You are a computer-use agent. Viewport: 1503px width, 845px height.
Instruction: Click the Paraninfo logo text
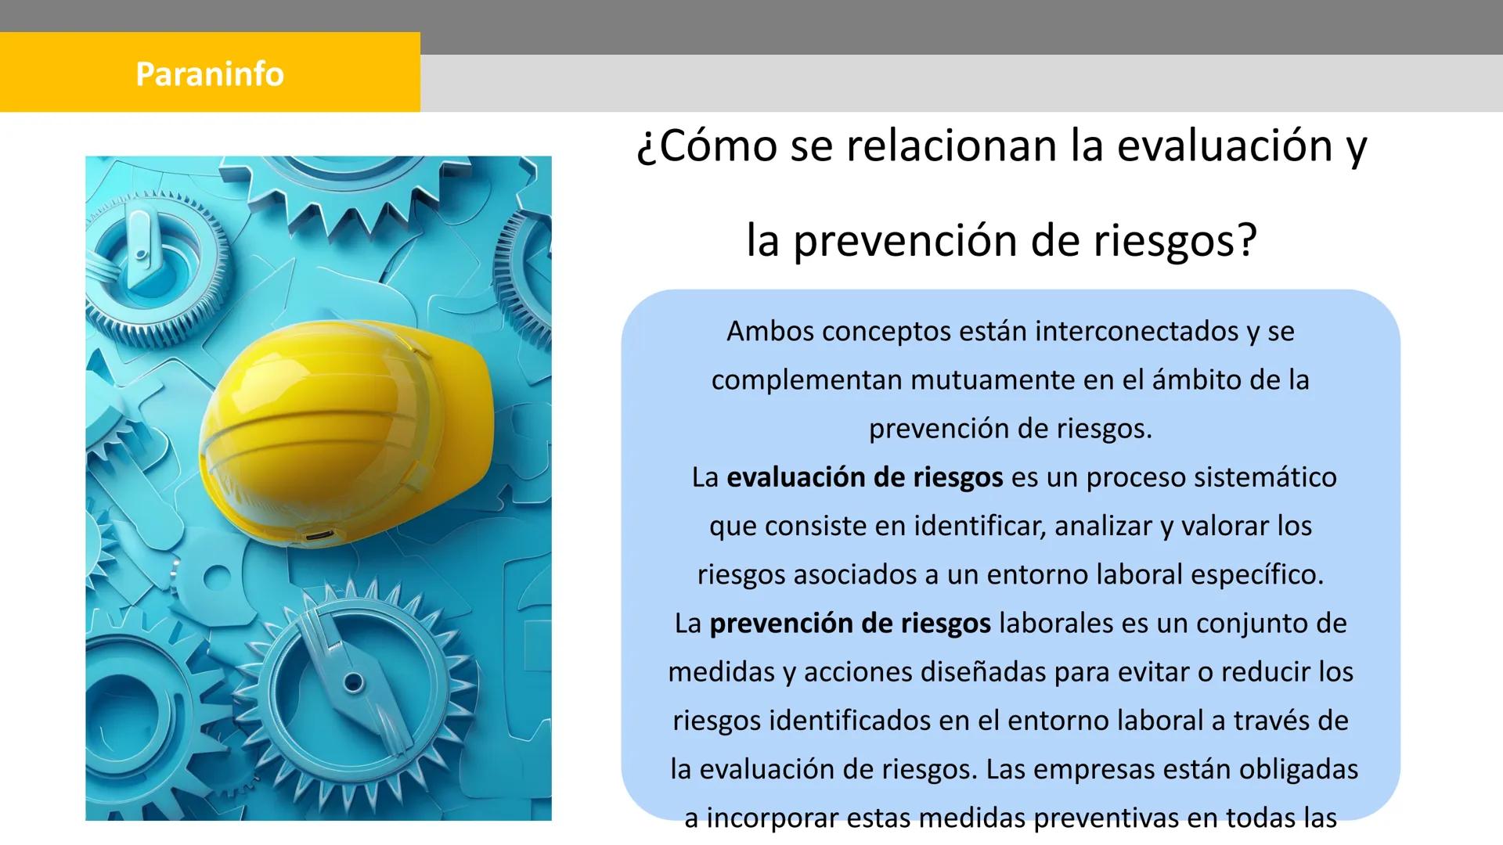(x=210, y=74)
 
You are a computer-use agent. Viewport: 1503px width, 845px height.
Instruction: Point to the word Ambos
(x=770, y=332)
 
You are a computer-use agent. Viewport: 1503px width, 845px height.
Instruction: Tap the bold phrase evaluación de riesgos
(x=864, y=477)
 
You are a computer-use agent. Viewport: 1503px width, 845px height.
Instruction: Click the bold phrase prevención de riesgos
(x=849, y=624)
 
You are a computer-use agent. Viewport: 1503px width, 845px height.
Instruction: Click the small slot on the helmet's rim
(x=317, y=536)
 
